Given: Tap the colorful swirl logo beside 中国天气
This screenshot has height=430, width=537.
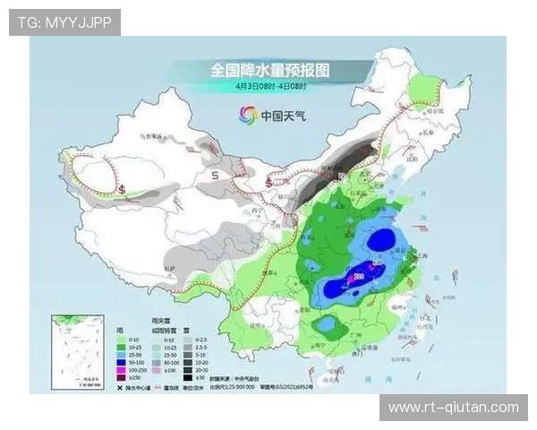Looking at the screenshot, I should pos(247,114).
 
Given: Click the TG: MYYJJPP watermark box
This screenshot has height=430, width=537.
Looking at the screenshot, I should pos(64,22).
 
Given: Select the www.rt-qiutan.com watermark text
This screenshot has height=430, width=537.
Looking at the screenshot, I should pos(453,408).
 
